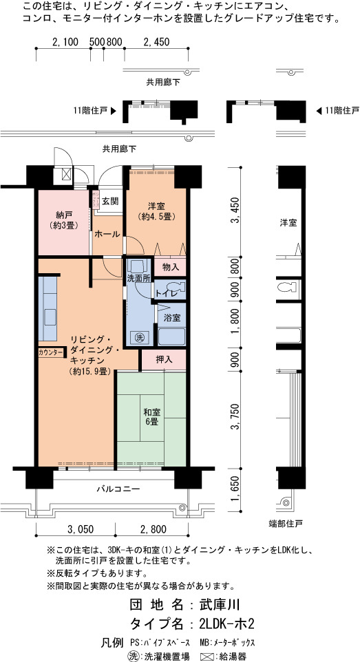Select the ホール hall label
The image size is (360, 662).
pyautogui.click(x=107, y=235)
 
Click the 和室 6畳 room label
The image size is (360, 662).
pyautogui.click(x=151, y=417)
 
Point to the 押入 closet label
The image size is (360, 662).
pyautogui.click(x=165, y=360)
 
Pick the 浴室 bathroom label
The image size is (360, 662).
pyautogui.click(x=172, y=318)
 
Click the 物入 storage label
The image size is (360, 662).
pyautogui.click(x=170, y=267)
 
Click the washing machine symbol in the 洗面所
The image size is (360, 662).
pyautogui.click(x=139, y=337)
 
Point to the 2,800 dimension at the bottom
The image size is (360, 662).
pyautogui.click(x=151, y=529)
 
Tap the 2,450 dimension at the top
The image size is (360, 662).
pyautogui.click(x=156, y=42)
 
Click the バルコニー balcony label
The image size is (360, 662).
pyautogui.click(x=118, y=489)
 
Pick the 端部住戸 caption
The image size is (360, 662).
pyautogui.click(x=286, y=524)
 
